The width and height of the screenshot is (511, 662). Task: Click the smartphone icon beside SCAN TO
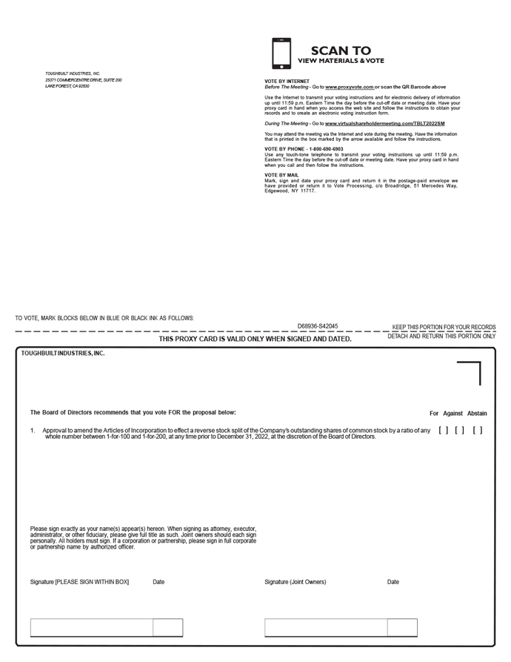point(281,53)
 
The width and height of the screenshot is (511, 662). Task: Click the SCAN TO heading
point(341,51)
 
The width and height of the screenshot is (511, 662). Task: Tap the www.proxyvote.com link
point(349,87)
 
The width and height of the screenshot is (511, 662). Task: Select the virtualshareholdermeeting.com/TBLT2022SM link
point(384,123)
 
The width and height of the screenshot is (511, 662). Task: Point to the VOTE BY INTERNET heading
point(287,81)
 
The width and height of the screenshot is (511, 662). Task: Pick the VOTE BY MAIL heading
point(281,175)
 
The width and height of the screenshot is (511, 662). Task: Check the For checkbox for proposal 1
point(443,430)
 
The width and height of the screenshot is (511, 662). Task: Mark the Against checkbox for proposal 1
point(460,430)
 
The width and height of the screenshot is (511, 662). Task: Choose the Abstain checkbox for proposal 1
point(478,430)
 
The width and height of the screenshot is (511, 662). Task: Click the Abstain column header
point(477,414)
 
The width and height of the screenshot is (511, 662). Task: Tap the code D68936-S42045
point(318,326)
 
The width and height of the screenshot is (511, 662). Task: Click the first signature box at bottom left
point(91,628)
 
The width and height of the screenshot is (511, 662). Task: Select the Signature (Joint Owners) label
point(295,582)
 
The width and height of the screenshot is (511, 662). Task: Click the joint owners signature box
point(326,628)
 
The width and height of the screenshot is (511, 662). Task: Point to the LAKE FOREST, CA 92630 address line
point(67,86)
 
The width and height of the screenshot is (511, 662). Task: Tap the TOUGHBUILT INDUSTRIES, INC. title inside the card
point(63,354)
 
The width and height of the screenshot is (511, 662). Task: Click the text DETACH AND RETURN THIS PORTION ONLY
point(441,337)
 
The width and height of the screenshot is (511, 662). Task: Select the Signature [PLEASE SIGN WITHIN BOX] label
point(79,582)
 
